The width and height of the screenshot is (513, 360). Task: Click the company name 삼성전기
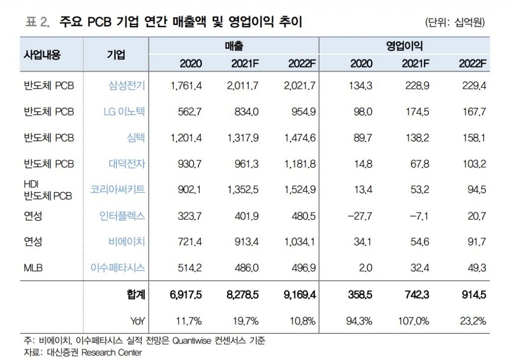tap(127, 86)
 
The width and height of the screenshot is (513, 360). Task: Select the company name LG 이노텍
tap(124, 112)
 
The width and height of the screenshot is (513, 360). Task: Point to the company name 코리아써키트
tap(118, 190)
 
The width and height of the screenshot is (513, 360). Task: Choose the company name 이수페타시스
tap(118, 268)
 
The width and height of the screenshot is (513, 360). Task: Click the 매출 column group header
tap(233, 46)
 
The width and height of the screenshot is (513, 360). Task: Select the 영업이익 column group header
tap(404, 46)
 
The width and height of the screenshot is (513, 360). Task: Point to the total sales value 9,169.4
tap(299, 295)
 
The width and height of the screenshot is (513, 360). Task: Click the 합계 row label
tap(136, 295)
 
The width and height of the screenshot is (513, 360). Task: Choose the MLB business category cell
tap(33, 268)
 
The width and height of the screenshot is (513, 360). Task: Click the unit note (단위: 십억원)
tap(454, 23)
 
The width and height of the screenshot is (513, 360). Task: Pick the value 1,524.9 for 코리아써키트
tap(299, 190)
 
